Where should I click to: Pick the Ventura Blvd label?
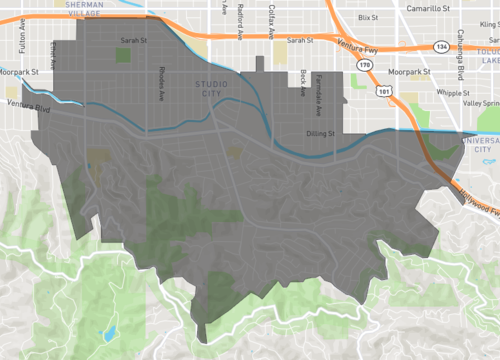pos(27,104)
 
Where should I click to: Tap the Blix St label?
pos(368,18)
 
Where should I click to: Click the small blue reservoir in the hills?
pos(110,332)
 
